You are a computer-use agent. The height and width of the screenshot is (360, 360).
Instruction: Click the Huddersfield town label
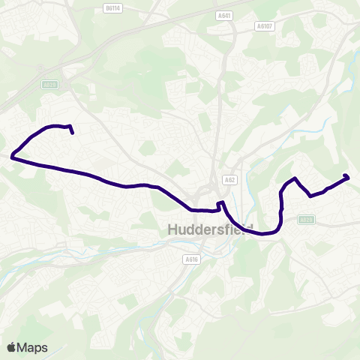click(x=209, y=229)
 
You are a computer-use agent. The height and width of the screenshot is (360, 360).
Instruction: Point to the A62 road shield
click(x=228, y=180)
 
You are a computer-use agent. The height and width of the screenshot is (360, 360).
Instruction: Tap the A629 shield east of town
click(x=305, y=220)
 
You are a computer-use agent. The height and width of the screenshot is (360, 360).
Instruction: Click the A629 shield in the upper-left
click(x=49, y=85)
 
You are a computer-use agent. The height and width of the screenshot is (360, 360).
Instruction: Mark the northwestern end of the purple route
click(x=72, y=133)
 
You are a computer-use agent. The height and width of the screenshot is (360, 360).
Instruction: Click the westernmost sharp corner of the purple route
click(x=12, y=157)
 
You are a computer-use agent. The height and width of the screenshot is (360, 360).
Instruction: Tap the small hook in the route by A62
click(x=220, y=203)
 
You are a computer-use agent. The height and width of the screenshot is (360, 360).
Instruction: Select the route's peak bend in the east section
click(x=297, y=178)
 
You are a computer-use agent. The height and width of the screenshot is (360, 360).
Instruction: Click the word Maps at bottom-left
click(x=33, y=347)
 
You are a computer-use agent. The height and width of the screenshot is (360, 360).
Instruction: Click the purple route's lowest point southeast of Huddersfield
click(x=264, y=233)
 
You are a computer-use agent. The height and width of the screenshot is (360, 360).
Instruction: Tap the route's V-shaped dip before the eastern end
click(x=310, y=196)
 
